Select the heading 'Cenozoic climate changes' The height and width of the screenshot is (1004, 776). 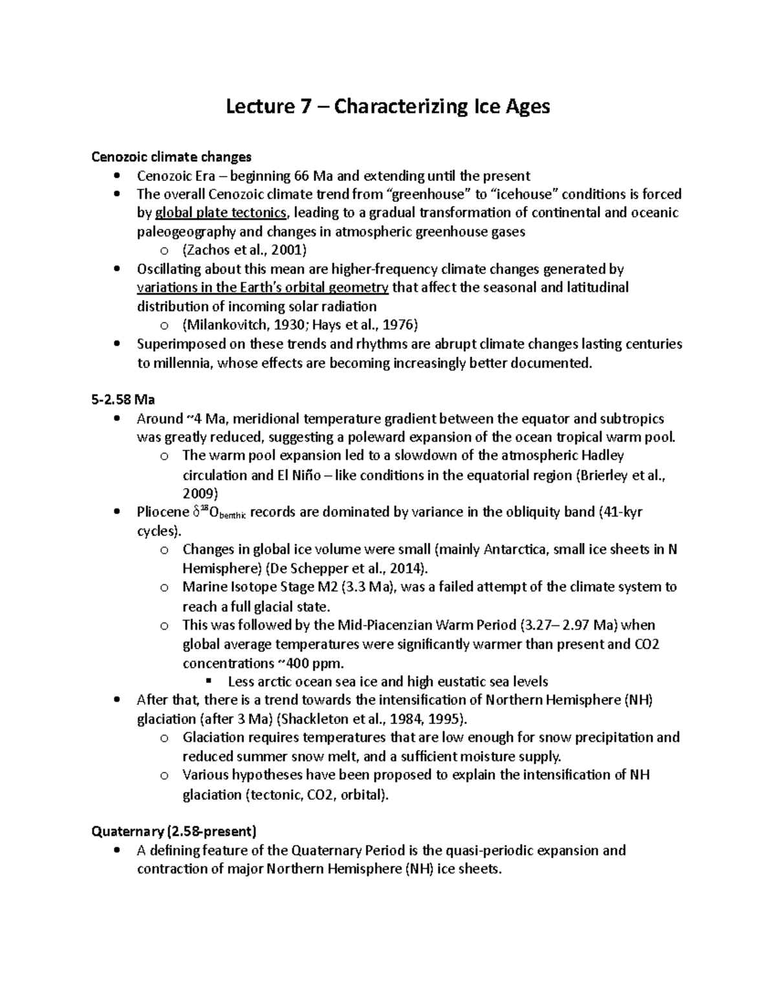(171, 157)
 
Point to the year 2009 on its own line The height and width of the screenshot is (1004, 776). (197, 494)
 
